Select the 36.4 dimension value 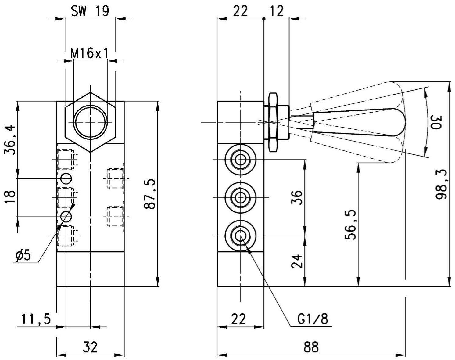click(x=10, y=140)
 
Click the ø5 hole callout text click(x=23, y=256)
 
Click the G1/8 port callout click(x=313, y=319)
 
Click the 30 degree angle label click(x=435, y=122)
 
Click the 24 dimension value click(x=297, y=261)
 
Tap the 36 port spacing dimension click(x=297, y=197)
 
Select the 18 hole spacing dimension click(x=10, y=197)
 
